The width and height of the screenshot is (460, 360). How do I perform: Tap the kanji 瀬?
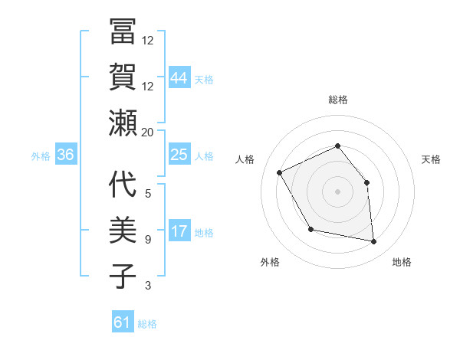(x=123, y=123)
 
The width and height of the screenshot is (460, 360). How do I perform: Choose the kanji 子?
(x=123, y=275)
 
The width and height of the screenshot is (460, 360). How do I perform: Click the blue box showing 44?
(x=179, y=77)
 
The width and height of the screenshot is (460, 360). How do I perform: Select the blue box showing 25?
(x=179, y=155)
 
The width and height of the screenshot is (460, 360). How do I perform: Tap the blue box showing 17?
(x=179, y=231)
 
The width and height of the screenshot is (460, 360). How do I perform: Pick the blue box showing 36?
(x=66, y=155)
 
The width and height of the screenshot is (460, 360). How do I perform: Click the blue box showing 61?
(x=123, y=322)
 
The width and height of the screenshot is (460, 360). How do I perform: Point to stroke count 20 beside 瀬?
(x=147, y=132)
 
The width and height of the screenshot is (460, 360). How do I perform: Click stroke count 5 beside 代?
(x=147, y=193)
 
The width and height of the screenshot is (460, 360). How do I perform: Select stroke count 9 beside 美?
(x=147, y=240)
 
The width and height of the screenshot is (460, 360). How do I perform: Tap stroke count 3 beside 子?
(x=147, y=286)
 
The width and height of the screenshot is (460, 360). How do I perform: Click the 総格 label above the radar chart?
(x=337, y=100)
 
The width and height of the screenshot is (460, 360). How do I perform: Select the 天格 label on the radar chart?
(x=431, y=159)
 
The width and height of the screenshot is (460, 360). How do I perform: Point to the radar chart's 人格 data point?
(x=280, y=173)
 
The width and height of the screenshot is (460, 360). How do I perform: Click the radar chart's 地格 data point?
(x=374, y=242)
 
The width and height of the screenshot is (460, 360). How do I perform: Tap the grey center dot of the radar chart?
(x=337, y=191)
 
